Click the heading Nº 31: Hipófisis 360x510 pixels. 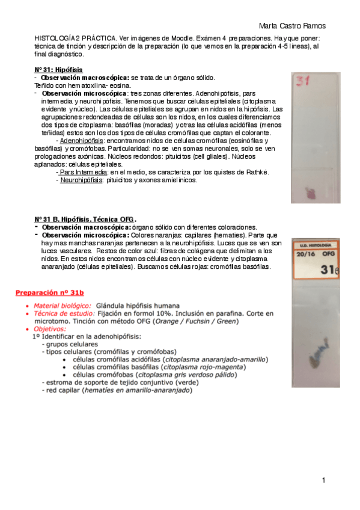point(59,70)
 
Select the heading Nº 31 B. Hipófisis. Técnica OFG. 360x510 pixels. point(85,219)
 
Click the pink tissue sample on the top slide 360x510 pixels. point(312,194)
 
